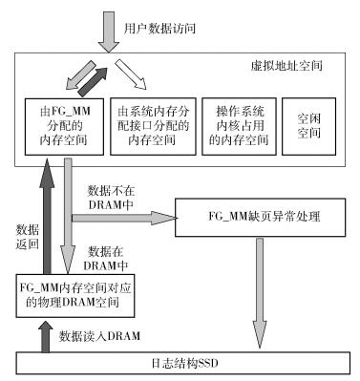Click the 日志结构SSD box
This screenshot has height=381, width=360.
click(x=180, y=363)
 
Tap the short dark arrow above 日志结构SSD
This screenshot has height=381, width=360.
click(x=40, y=337)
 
